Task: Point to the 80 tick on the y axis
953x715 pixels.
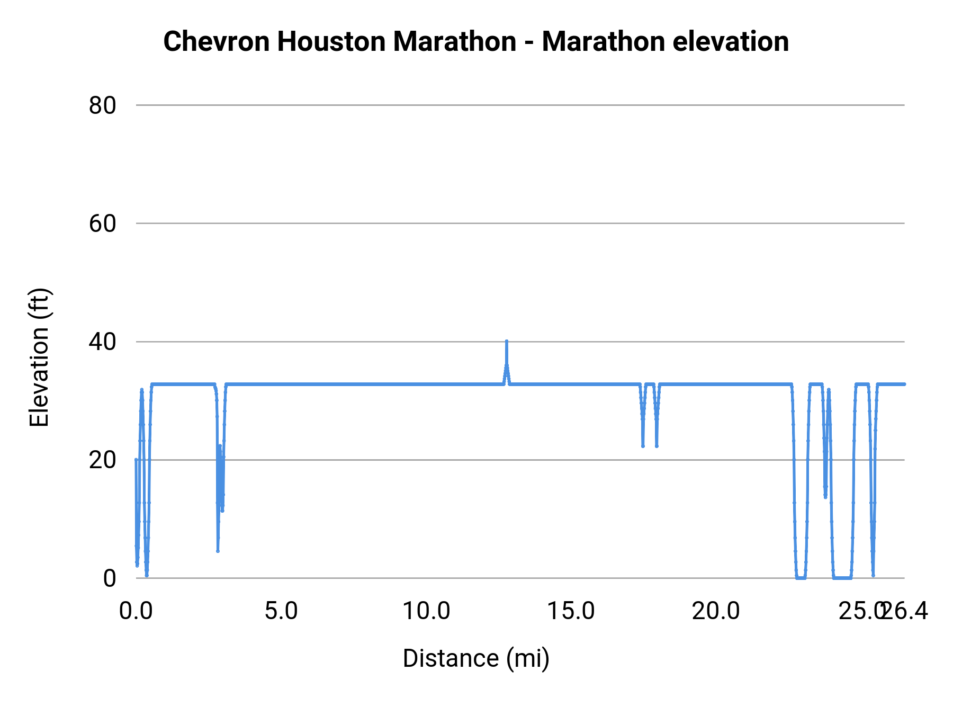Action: (x=102, y=105)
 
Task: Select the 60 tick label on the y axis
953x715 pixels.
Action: (x=102, y=224)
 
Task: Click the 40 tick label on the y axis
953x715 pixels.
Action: (x=102, y=342)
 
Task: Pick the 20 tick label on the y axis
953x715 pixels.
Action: (x=102, y=460)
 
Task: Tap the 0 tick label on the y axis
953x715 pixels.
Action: (x=109, y=578)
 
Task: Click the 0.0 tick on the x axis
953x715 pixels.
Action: (x=136, y=611)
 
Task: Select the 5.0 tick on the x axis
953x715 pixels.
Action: (x=281, y=611)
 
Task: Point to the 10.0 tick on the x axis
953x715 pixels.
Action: (x=426, y=611)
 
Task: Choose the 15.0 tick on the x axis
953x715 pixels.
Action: (x=571, y=611)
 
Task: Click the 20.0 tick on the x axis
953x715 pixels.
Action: (x=716, y=611)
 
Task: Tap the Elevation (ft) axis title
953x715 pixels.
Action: (x=39, y=358)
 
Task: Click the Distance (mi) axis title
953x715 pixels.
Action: (x=476, y=658)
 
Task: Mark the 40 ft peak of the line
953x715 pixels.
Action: (x=507, y=342)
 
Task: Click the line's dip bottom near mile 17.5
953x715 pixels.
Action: (x=643, y=446)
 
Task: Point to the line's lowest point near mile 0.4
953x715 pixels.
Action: (x=147, y=575)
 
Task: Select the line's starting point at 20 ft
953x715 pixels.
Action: (x=136, y=460)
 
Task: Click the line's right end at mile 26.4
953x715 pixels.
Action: (x=904, y=384)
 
